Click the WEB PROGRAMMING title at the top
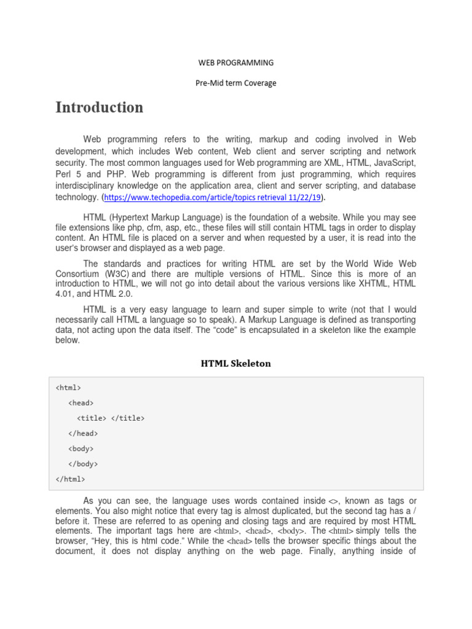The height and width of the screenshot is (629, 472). pyautogui.click(x=235, y=63)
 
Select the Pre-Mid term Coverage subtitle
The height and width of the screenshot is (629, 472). pyautogui.click(x=235, y=83)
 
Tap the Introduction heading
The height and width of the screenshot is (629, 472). pyautogui.click(x=99, y=107)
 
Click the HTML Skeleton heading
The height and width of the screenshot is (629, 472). pyautogui.click(x=235, y=364)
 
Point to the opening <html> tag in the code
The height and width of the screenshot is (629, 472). pyautogui.click(x=68, y=388)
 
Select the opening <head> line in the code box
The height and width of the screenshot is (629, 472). pyautogui.click(x=81, y=403)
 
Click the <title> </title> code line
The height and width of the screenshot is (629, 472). pyautogui.click(x=111, y=418)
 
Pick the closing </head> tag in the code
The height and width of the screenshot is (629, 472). pyautogui.click(x=83, y=434)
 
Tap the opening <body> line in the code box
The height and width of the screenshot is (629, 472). pyautogui.click(x=81, y=449)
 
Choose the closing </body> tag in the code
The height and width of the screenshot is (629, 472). pyautogui.click(x=83, y=464)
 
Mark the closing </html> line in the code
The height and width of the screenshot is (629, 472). pyautogui.click(x=70, y=480)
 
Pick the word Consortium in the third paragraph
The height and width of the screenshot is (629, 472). pyautogui.click(x=78, y=273)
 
